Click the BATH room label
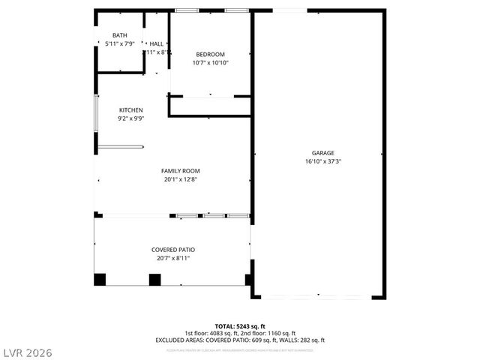coord(120,35)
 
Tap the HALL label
coord(157,44)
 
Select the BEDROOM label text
coord(210,54)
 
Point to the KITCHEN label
coord(130,110)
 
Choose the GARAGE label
coord(323,152)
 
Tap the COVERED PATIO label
coord(173,250)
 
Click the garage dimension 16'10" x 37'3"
coord(323,160)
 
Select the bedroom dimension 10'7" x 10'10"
coord(210,62)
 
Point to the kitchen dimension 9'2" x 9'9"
coord(130,118)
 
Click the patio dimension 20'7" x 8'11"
coord(173,258)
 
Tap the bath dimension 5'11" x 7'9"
coord(120,43)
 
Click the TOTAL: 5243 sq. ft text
coord(240,326)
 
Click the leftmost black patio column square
coord(100,280)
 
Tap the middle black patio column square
coord(155,280)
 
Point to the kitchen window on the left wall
coord(95,113)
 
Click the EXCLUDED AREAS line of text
coord(240,340)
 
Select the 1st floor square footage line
coord(240,333)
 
